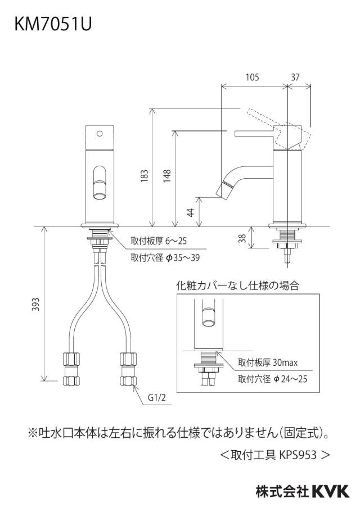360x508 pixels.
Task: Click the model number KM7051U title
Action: [53, 24]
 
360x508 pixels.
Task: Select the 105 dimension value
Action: [253, 77]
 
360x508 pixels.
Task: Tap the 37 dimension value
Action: [295, 77]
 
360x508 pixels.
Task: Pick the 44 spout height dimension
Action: [191, 212]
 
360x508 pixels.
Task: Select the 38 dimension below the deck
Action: [242, 238]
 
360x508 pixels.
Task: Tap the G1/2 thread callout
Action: [156, 397]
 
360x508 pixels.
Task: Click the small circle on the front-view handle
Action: [100, 133]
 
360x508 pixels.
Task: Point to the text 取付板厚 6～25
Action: [159, 241]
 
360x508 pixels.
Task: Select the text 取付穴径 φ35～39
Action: [165, 258]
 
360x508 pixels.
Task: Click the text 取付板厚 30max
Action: [268, 362]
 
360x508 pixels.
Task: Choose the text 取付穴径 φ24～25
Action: [272, 379]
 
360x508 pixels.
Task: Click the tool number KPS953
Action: [298, 455]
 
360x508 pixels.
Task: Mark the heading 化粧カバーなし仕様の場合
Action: [237, 285]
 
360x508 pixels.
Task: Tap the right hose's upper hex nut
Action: [128, 359]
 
